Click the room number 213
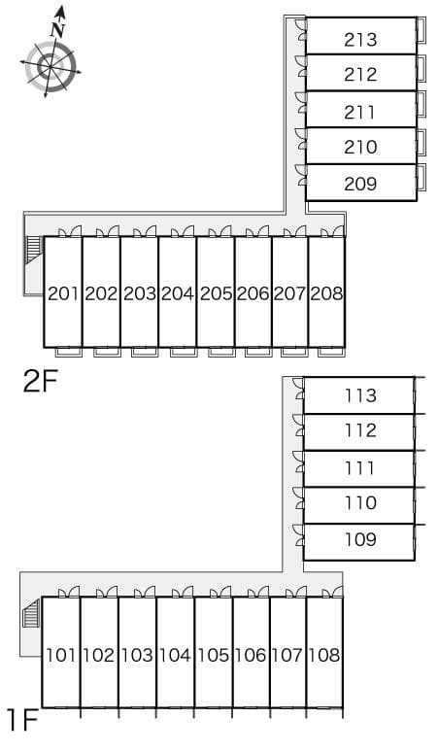click(360, 39)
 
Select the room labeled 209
click(360, 184)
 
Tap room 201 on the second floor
click(63, 293)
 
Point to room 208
click(327, 293)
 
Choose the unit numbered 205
click(216, 293)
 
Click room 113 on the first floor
click(360, 395)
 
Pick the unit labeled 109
click(360, 539)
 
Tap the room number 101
click(61, 655)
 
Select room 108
click(324, 655)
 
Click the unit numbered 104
click(175, 655)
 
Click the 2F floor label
click(40, 381)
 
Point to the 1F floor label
click(22, 720)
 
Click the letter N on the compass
click(57, 30)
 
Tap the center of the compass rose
click(51, 67)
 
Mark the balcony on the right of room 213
click(421, 31)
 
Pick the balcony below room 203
click(145, 352)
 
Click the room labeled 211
click(360, 113)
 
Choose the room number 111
click(360, 467)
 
